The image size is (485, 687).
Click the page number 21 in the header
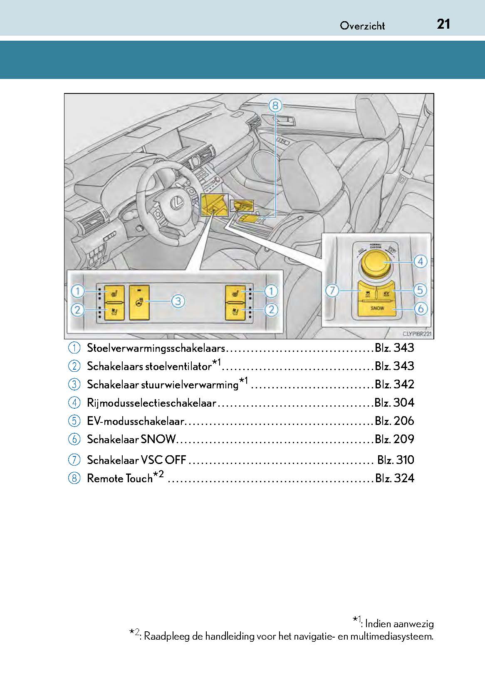(x=443, y=24)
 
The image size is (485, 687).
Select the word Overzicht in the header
(x=362, y=26)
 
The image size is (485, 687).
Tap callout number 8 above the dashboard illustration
(x=275, y=106)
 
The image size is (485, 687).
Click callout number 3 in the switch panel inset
(x=178, y=301)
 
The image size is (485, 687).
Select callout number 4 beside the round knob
(x=420, y=261)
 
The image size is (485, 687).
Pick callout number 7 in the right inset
(x=332, y=290)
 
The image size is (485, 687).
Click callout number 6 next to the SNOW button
(x=421, y=309)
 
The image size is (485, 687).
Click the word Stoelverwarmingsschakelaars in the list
(x=156, y=348)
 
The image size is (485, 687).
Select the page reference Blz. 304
(x=394, y=402)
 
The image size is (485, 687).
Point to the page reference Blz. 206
(x=394, y=421)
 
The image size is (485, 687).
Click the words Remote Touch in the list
(x=120, y=478)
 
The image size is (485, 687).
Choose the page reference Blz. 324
(x=394, y=478)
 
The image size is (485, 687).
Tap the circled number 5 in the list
(x=74, y=421)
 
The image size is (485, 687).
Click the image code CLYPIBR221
(x=417, y=334)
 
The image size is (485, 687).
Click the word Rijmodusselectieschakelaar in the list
(x=151, y=403)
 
